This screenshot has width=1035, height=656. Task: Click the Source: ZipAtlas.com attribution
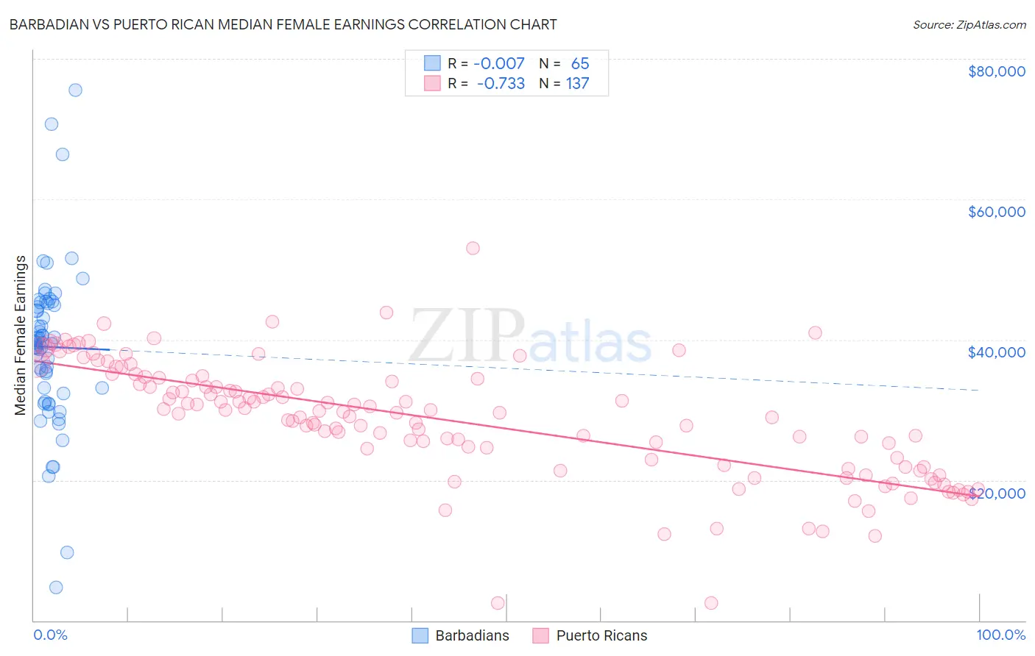tap(969, 24)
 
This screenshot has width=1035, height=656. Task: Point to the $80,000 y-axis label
tap(996, 71)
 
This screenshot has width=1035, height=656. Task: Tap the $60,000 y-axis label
tap(996, 212)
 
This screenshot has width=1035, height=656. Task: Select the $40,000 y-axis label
tap(996, 352)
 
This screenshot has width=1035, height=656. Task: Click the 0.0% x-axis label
tap(50, 635)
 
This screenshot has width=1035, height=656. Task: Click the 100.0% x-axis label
tap(1000, 635)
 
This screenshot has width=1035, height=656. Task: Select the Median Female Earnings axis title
tap(21, 335)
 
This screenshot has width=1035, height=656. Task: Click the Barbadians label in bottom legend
tap(472, 635)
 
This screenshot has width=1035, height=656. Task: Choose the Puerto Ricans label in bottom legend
tap(601, 635)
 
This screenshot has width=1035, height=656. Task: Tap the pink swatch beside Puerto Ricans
tap(541, 635)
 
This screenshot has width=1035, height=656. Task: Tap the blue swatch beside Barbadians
tap(420, 635)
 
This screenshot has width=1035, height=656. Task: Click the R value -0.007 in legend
tap(498, 63)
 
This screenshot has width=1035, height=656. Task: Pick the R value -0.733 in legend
tap(501, 83)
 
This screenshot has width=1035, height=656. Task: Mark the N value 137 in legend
tap(577, 83)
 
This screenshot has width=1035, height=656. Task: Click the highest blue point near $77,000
tap(75, 90)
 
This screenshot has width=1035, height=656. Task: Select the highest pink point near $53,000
tap(473, 249)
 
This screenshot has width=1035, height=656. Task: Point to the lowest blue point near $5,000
tap(56, 588)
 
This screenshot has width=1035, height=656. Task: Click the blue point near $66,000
tap(63, 154)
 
